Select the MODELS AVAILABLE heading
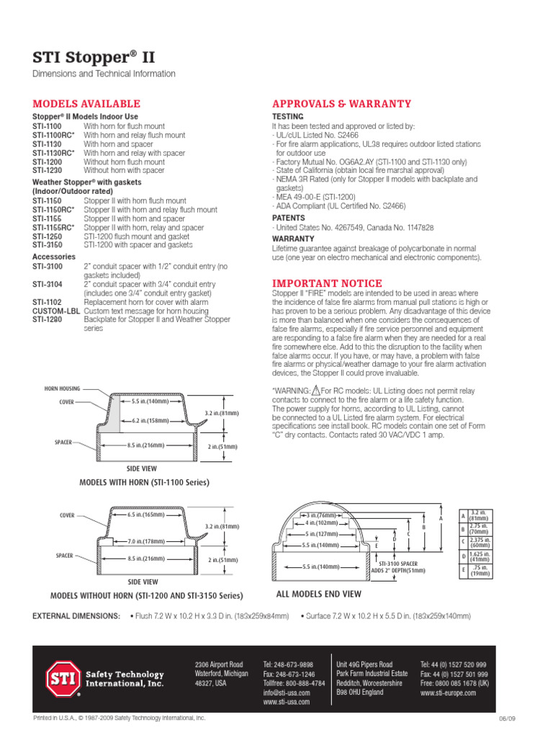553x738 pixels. [86, 104]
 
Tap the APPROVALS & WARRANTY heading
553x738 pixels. [341, 104]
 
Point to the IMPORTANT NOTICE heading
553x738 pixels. [327, 283]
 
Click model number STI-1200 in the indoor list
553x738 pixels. [47, 162]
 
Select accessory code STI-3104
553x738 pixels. [47, 284]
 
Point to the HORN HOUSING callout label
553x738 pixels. [61, 388]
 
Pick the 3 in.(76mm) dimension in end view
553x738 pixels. [323, 516]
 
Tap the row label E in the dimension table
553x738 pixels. [463, 570]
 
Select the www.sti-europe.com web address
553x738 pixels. [448, 692]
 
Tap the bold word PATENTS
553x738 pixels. [288, 217]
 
